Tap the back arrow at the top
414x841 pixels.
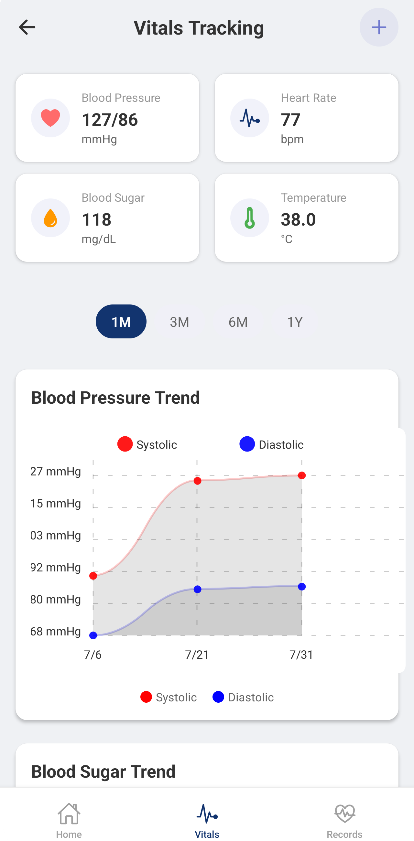point(27,27)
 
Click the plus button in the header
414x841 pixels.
point(379,27)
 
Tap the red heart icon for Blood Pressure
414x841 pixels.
point(50,118)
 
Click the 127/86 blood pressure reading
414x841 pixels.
point(110,120)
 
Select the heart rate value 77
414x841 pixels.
point(290,120)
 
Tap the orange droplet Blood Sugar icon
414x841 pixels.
point(50,218)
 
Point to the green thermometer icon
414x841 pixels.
point(250,218)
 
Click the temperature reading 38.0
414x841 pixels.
point(298,219)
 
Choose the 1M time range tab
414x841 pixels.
point(121,322)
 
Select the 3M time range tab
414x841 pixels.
point(180,322)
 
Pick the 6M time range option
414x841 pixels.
point(238,322)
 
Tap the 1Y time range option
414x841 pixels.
point(295,322)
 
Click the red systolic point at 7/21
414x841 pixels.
point(197,481)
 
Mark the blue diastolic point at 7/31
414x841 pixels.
point(302,587)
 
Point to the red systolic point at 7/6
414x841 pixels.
point(93,576)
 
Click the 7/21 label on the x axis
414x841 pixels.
point(197,655)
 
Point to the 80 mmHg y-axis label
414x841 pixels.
point(56,600)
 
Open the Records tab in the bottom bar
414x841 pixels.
point(344,820)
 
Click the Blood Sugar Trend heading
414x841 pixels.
point(103,772)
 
